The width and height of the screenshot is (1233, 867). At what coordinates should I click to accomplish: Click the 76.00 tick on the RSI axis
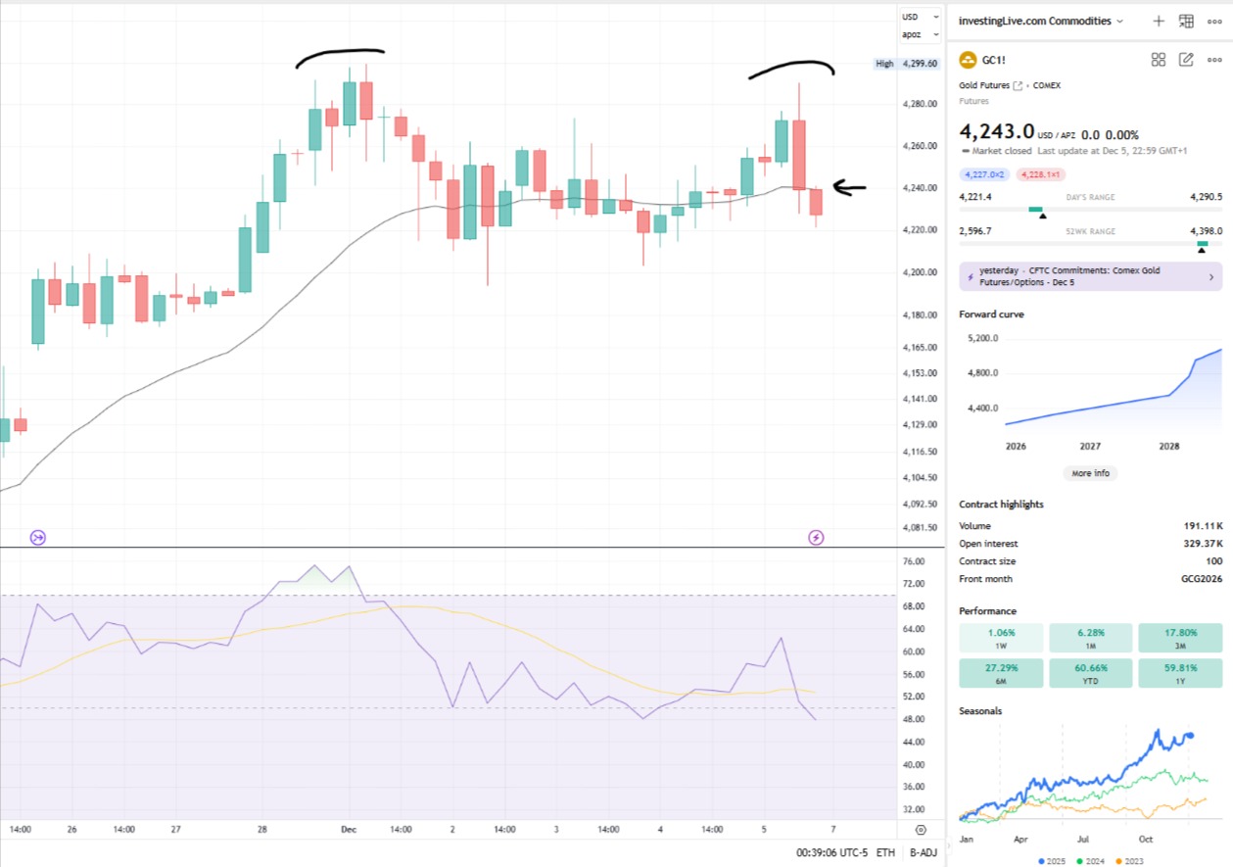coord(913,561)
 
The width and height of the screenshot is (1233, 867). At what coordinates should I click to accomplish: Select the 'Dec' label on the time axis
coord(349,829)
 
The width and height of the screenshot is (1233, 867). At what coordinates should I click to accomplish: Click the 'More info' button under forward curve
coord(1090,473)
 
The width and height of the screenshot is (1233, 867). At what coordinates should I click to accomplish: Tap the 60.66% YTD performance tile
coord(1090,672)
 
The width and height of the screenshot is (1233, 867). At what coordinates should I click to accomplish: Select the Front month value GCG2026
coord(1201,579)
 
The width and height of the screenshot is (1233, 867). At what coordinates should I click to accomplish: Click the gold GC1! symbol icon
coord(969,60)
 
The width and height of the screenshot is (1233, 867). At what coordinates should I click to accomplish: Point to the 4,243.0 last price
coord(997,131)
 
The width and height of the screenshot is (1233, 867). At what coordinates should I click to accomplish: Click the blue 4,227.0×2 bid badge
coord(984,174)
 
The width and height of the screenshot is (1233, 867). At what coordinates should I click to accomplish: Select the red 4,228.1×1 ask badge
coord(1041,174)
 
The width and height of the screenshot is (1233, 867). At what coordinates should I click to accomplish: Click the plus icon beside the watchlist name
coord(1159,21)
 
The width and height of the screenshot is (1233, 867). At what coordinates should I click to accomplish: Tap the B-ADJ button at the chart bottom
coord(923,853)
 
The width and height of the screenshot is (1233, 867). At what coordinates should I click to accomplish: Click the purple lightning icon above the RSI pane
coord(815,537)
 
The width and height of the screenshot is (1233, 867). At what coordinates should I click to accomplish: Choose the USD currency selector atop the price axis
coord(911,17)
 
